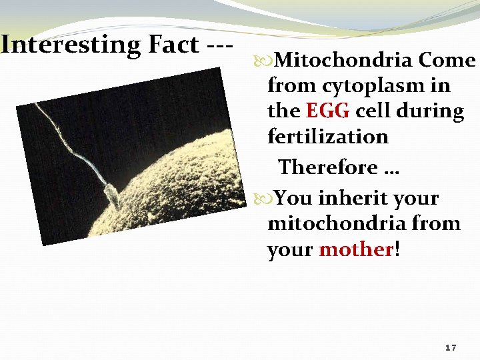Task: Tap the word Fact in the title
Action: [x=169, y=45]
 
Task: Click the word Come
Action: [x=447, y=61]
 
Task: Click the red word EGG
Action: [x=327, y=111]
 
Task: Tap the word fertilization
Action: [x=327, y=137]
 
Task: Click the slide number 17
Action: [x=450, y=348]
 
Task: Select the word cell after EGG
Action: [x=373, y=111]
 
